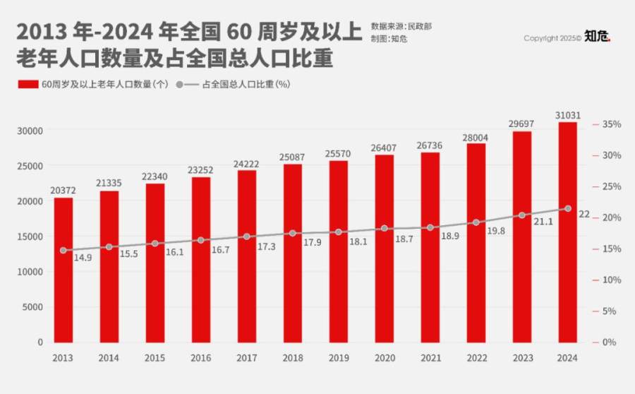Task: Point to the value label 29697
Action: click(x=522, y=124)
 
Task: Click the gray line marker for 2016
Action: click(x=201, y=240)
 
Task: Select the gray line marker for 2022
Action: click(x=476, y=222)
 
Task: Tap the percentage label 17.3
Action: click(x=266, y=246)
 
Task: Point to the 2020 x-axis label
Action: click(x=385, y=358)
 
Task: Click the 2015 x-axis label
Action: click(x=155, y=358)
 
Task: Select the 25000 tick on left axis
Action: click(x=30, y=166)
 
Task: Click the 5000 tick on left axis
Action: click(x=33, y=306)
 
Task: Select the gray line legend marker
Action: click(x=180, y=84)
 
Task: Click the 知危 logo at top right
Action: click(x=597, y=37)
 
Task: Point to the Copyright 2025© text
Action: click(x=552, y=39)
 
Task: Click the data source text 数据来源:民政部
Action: click(x=401, y=26)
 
